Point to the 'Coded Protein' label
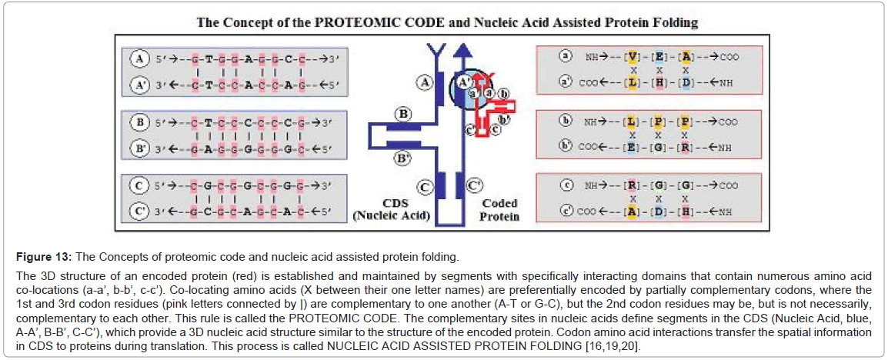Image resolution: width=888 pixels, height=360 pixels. (500, 210)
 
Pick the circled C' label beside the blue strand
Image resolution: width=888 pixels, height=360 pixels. (475, 185)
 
